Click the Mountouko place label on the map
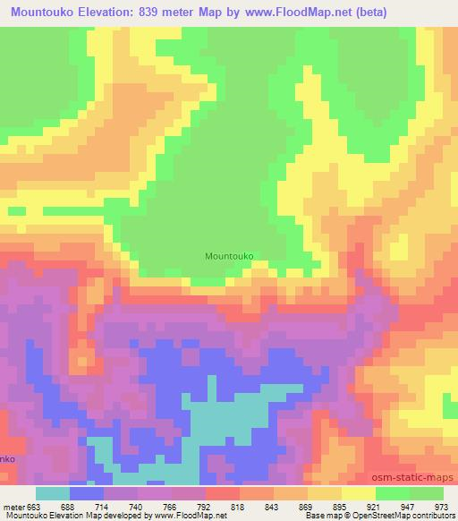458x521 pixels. coord(230,256)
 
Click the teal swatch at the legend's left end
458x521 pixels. coord(53,493)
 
